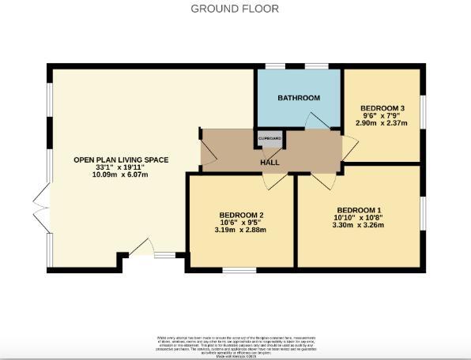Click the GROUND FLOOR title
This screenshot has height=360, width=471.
(235, 9)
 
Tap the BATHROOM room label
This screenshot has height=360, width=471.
(298, 98)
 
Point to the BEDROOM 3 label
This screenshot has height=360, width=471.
(382, 107)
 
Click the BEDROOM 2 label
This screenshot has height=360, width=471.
(241, 215)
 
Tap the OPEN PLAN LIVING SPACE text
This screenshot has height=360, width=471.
(121, 159)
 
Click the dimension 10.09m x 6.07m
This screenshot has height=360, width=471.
(121, 175)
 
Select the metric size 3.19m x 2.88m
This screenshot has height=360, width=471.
(241, 230)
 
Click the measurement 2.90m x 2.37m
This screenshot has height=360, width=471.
(382, 123)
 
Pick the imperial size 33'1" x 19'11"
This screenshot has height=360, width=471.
(121, 167)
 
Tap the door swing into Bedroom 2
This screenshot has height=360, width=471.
(274, 182)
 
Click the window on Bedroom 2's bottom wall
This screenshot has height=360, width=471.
(239, 271)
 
